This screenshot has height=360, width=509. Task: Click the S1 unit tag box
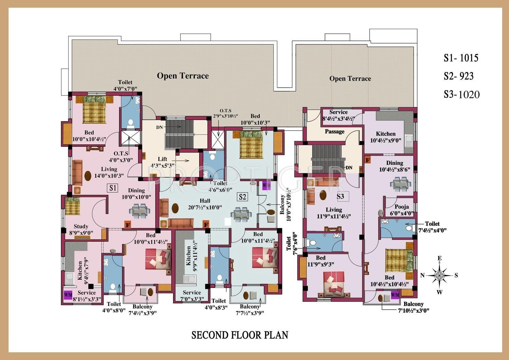[x=112, y=188]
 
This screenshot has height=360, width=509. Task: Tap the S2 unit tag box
[x=243, y=197]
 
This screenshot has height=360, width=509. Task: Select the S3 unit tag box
[x=341, y=196]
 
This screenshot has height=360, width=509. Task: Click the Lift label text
[x=163, y=159]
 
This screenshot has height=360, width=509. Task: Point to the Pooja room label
[x=402, y=207]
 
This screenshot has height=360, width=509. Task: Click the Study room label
[x=81, y=226]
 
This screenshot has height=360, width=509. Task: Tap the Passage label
[x=335, y=131]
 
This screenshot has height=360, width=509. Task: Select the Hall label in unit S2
[x=205, y=201]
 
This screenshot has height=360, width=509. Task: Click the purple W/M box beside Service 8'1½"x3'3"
[x=68, y=295]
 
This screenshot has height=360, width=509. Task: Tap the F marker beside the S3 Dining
[x=367, y=160]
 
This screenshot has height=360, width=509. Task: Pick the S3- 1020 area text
[x=462, y=94]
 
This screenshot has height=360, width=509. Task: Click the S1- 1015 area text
[x=461, y=58]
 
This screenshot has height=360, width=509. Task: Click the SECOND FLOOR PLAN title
[x=240, y=335]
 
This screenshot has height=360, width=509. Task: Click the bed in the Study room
[x=73, y=206]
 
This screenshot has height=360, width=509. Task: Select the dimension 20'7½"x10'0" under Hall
[x=205, y=208]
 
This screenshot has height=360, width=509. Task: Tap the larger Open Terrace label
[x=183, y=76]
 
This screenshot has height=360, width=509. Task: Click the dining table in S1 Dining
[x=139, y=211]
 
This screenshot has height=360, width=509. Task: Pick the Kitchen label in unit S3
[x=385, y=134]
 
